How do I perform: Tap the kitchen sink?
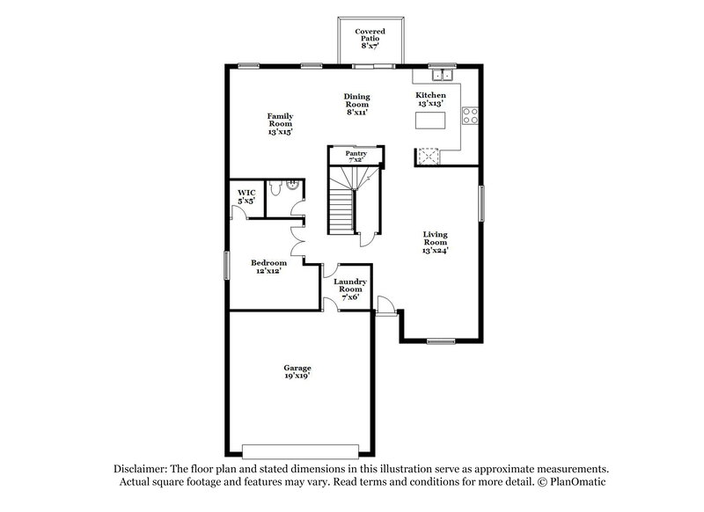pyautogui.click(x=438, y=75)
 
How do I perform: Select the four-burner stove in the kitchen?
pyautogui.click(x=470, y=113)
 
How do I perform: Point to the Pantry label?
pyautogui.click(x=356, y=157)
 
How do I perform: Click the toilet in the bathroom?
pyautogui.click(x=274, y=187)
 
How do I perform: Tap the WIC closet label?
pyautogui.click(x=246, y=194)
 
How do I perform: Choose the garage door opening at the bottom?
pyautogui.click(x=299, y=448)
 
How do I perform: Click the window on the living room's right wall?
pyautogui.click(x=481, y=204)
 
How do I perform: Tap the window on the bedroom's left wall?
pyautogui.click(x=226, y=266)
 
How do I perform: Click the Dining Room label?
pyautogui.click(x=356, y=104)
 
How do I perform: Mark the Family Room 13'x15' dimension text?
pyautogui.click(x=280, y=132)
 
